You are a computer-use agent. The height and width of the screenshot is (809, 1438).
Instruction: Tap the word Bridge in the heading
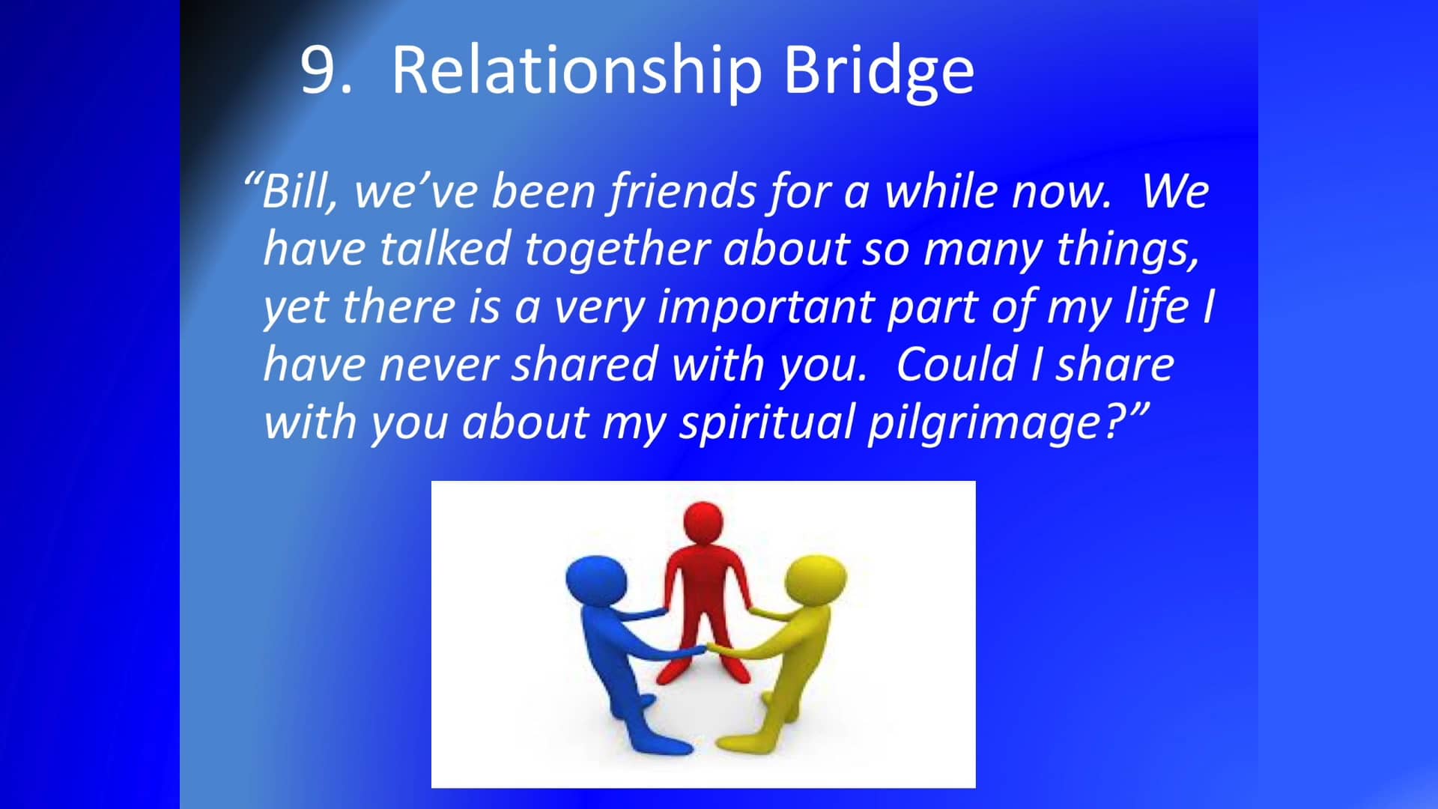pyautogui.click(x=878, y=71)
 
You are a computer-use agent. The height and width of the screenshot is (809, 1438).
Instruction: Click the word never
pyautogui.click(x=438, y=365)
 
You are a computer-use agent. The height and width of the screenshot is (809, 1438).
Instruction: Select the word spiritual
pyautogui.click(x=767, y=422)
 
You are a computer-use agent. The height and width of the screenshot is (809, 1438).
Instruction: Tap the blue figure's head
pyautogui.click(x=595, y=579)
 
